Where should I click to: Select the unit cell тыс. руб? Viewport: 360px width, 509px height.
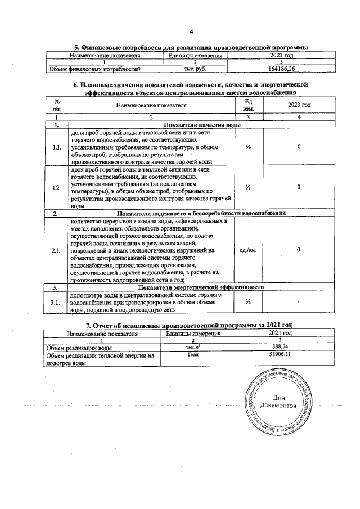193,69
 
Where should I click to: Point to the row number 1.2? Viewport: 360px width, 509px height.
57,188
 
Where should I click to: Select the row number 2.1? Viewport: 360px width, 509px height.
57,250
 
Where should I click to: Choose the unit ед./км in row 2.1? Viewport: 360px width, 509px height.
247,250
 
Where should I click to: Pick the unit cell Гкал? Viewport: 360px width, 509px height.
193,356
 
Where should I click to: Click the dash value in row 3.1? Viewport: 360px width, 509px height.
299,302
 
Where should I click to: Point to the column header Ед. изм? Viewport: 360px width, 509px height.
247,105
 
